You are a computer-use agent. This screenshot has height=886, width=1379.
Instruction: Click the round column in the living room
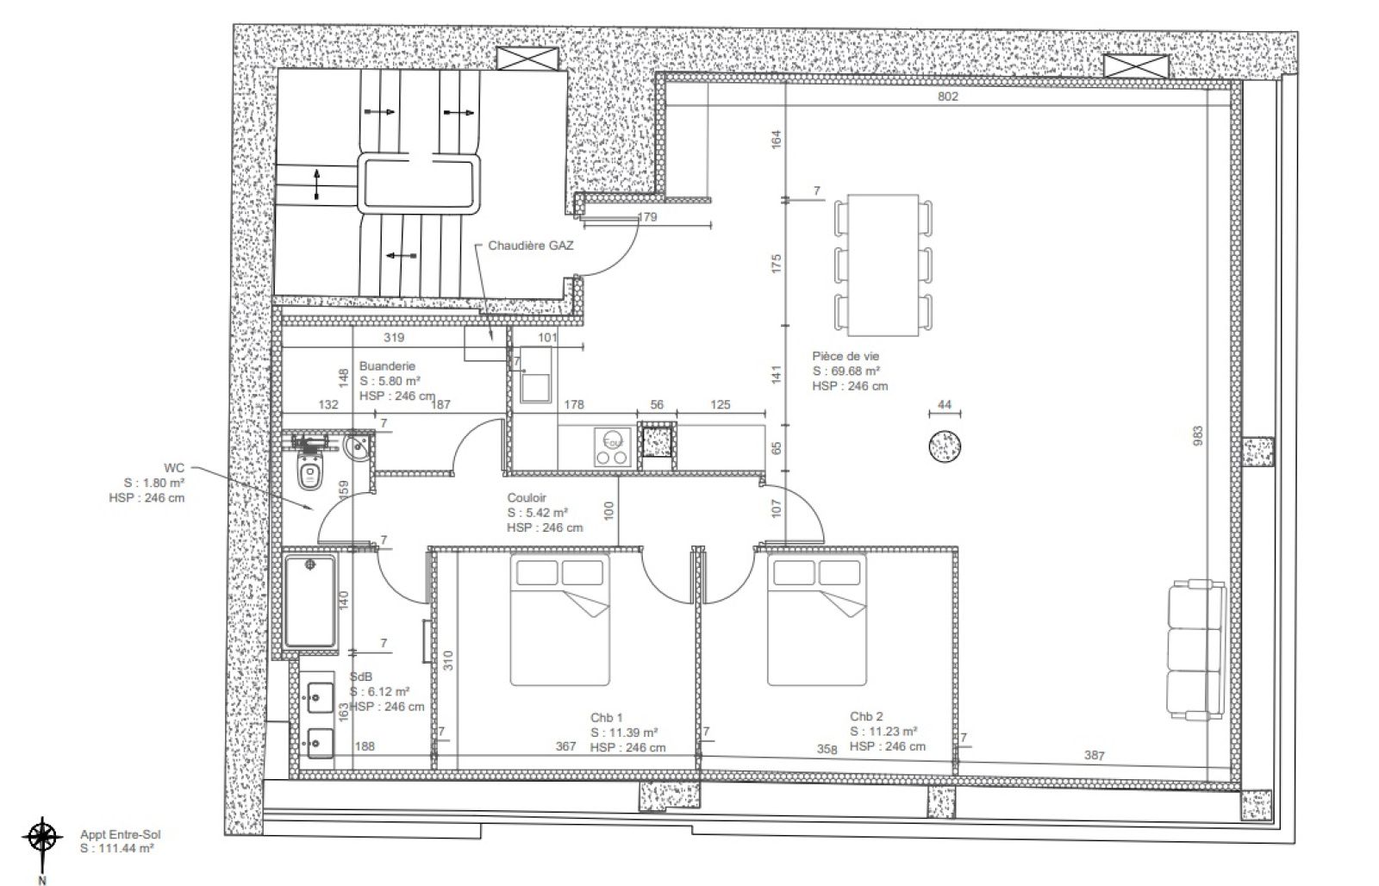tap(945, 446)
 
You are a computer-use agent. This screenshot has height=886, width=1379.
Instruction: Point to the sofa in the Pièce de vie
tap(1195, 650)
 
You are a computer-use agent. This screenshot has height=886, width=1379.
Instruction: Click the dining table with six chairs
tap(883, 265)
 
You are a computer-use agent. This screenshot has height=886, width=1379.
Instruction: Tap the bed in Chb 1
tap(559, 620)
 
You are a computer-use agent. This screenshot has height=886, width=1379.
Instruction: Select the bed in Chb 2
tap(817, 620)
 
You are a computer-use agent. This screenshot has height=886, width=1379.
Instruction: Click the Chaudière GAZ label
tap(531, 246)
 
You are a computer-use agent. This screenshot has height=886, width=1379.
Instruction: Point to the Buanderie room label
tap(387, 365)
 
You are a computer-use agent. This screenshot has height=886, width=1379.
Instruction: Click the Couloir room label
tap(527, 497)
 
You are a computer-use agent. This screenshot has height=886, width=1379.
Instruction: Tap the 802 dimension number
tap(947, 96)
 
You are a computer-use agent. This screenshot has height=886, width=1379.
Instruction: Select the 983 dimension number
tap(1197, 436)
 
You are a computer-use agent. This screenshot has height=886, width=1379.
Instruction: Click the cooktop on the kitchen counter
tap(613, 447)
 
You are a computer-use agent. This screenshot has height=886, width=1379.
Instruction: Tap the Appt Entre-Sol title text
tap(120, 835)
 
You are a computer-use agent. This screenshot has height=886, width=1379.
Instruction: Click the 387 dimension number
tap(1094, 755)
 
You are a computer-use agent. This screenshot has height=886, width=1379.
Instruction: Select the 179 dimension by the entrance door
tap(647, 216)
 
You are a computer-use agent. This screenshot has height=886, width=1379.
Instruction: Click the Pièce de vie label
tap(845, 356)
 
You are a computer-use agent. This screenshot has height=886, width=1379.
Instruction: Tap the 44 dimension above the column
tap(945, 404)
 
